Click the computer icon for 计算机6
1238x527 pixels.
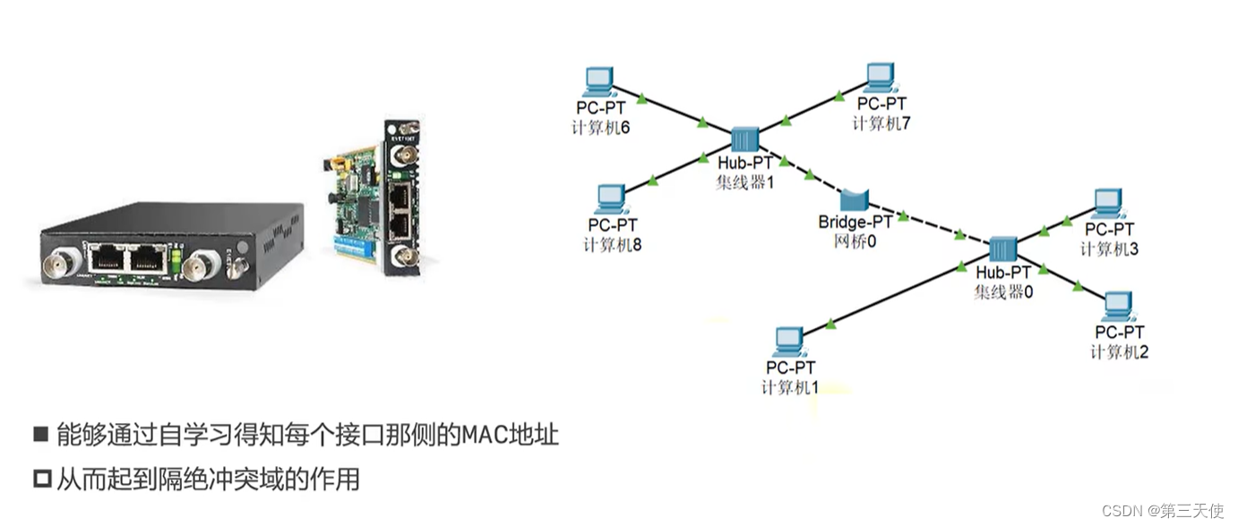598,82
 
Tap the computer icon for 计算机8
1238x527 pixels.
613,199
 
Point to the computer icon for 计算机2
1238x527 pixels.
1117,307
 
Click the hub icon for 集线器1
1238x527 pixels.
744,140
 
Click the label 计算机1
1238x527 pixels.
790,387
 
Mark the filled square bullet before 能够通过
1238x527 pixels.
41,435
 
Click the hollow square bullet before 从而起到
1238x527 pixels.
41,479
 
